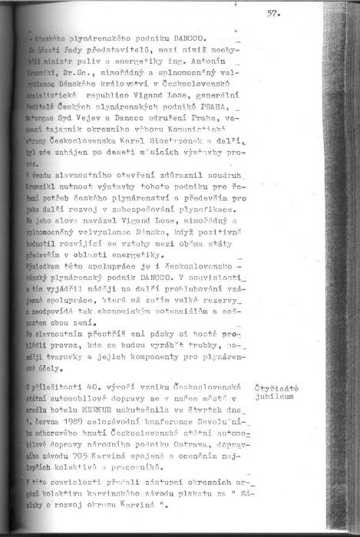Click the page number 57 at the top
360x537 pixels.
click(273, 13)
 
